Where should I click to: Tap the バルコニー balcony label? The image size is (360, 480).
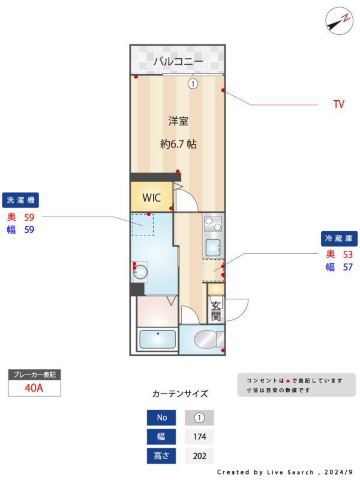tap(178, 61)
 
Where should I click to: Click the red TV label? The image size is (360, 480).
tap(339, 104)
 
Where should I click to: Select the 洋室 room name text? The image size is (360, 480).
tap(178, 121)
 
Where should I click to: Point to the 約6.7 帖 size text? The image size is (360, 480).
tap(178, 144)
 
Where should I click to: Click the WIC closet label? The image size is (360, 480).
tap(151, 198)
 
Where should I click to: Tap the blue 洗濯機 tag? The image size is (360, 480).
tap(21, 200)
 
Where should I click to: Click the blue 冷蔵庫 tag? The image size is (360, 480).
tap(339, 238)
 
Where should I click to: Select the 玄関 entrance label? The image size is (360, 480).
tap(216, 311)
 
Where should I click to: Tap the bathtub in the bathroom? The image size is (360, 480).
tap(157, 339)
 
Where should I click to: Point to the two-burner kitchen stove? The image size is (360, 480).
tap(213, 224)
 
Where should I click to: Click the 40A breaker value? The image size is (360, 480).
tap(34, 388)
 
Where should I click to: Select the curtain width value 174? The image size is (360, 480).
tap(199, 436)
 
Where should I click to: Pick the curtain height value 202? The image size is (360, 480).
tap(199, 456)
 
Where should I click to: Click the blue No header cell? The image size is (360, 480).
tap(161, 417)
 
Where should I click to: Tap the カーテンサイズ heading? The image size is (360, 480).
tap(180, 394)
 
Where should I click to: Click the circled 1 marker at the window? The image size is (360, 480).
tap(193, 84)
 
